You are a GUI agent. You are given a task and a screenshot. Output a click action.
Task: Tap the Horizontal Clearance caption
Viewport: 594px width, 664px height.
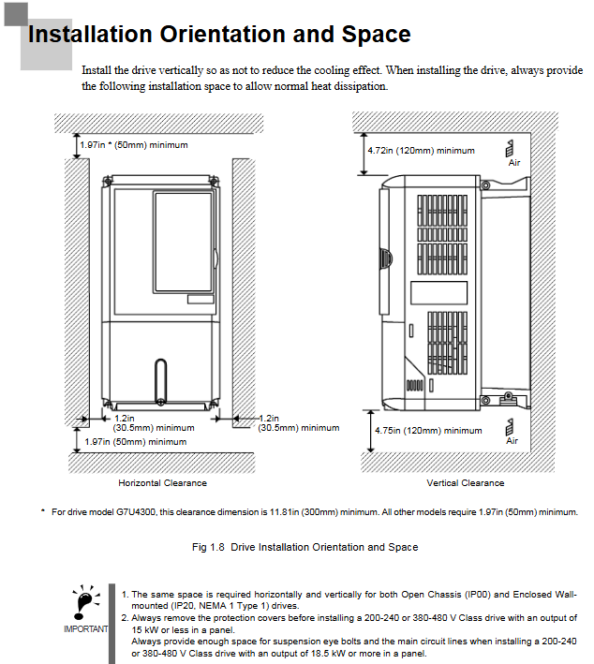162,483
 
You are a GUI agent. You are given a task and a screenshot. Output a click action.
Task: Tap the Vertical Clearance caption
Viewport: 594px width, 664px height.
465,483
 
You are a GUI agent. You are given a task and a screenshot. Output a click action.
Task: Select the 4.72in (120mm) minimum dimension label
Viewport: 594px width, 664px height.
421,151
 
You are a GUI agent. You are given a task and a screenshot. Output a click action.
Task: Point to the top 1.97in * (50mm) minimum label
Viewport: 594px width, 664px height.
133,145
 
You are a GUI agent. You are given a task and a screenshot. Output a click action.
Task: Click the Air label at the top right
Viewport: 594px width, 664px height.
513,163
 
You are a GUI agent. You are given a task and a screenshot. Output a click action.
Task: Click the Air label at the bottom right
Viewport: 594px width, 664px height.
512,440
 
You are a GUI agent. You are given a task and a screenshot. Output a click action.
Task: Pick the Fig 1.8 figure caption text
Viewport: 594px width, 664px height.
305,547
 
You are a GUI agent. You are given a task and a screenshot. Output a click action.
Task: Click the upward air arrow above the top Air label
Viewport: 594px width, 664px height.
509,147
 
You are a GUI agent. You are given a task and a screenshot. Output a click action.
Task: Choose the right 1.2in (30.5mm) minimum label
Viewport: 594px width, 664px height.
298,423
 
